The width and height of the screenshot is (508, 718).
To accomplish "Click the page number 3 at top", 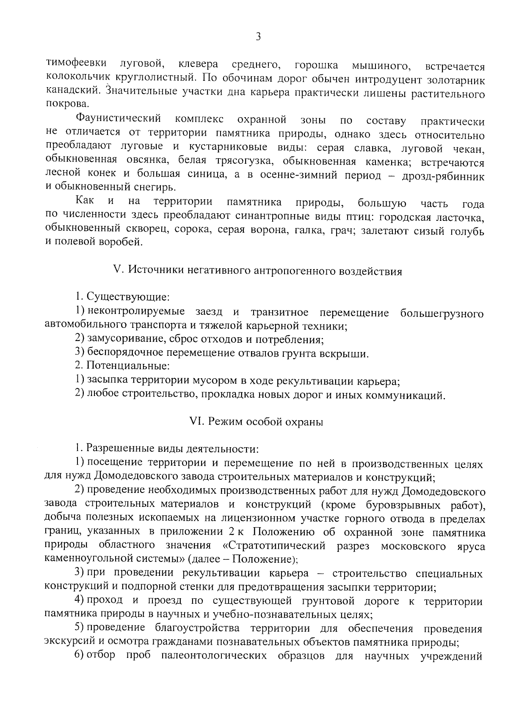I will click(x=258, y=37).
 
